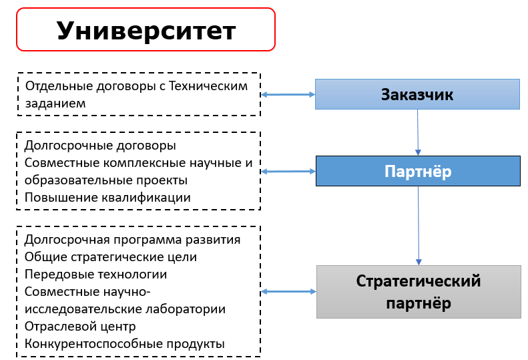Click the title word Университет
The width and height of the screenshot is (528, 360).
coord(146,31)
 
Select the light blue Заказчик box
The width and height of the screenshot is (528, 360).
coord(417,94)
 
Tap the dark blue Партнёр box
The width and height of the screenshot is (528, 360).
coord(418,171)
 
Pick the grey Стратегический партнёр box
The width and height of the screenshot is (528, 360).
coord(419,292)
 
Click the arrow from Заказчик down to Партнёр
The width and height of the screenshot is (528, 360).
coord(418,132)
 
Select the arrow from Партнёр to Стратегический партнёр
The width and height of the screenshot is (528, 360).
coord(419,226)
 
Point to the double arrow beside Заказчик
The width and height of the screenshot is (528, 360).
coord(288,95)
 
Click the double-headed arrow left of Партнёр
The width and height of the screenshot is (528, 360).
coord(288,172)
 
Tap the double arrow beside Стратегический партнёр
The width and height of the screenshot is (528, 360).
coord(288,292)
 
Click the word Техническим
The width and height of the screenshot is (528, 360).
coord(208,86)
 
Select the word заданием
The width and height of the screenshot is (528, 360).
coord(55,104)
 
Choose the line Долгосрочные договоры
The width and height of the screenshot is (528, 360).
coord(100,146)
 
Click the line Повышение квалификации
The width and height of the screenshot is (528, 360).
coord(107,198)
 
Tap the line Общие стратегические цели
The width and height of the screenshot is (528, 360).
coord(110,257)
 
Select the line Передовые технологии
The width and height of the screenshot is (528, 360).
coord(95,275)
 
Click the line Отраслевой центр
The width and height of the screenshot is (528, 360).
coord(80,327)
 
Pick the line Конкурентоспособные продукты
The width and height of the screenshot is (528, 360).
coord(125,344)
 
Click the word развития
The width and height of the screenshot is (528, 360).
coord(213,240)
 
